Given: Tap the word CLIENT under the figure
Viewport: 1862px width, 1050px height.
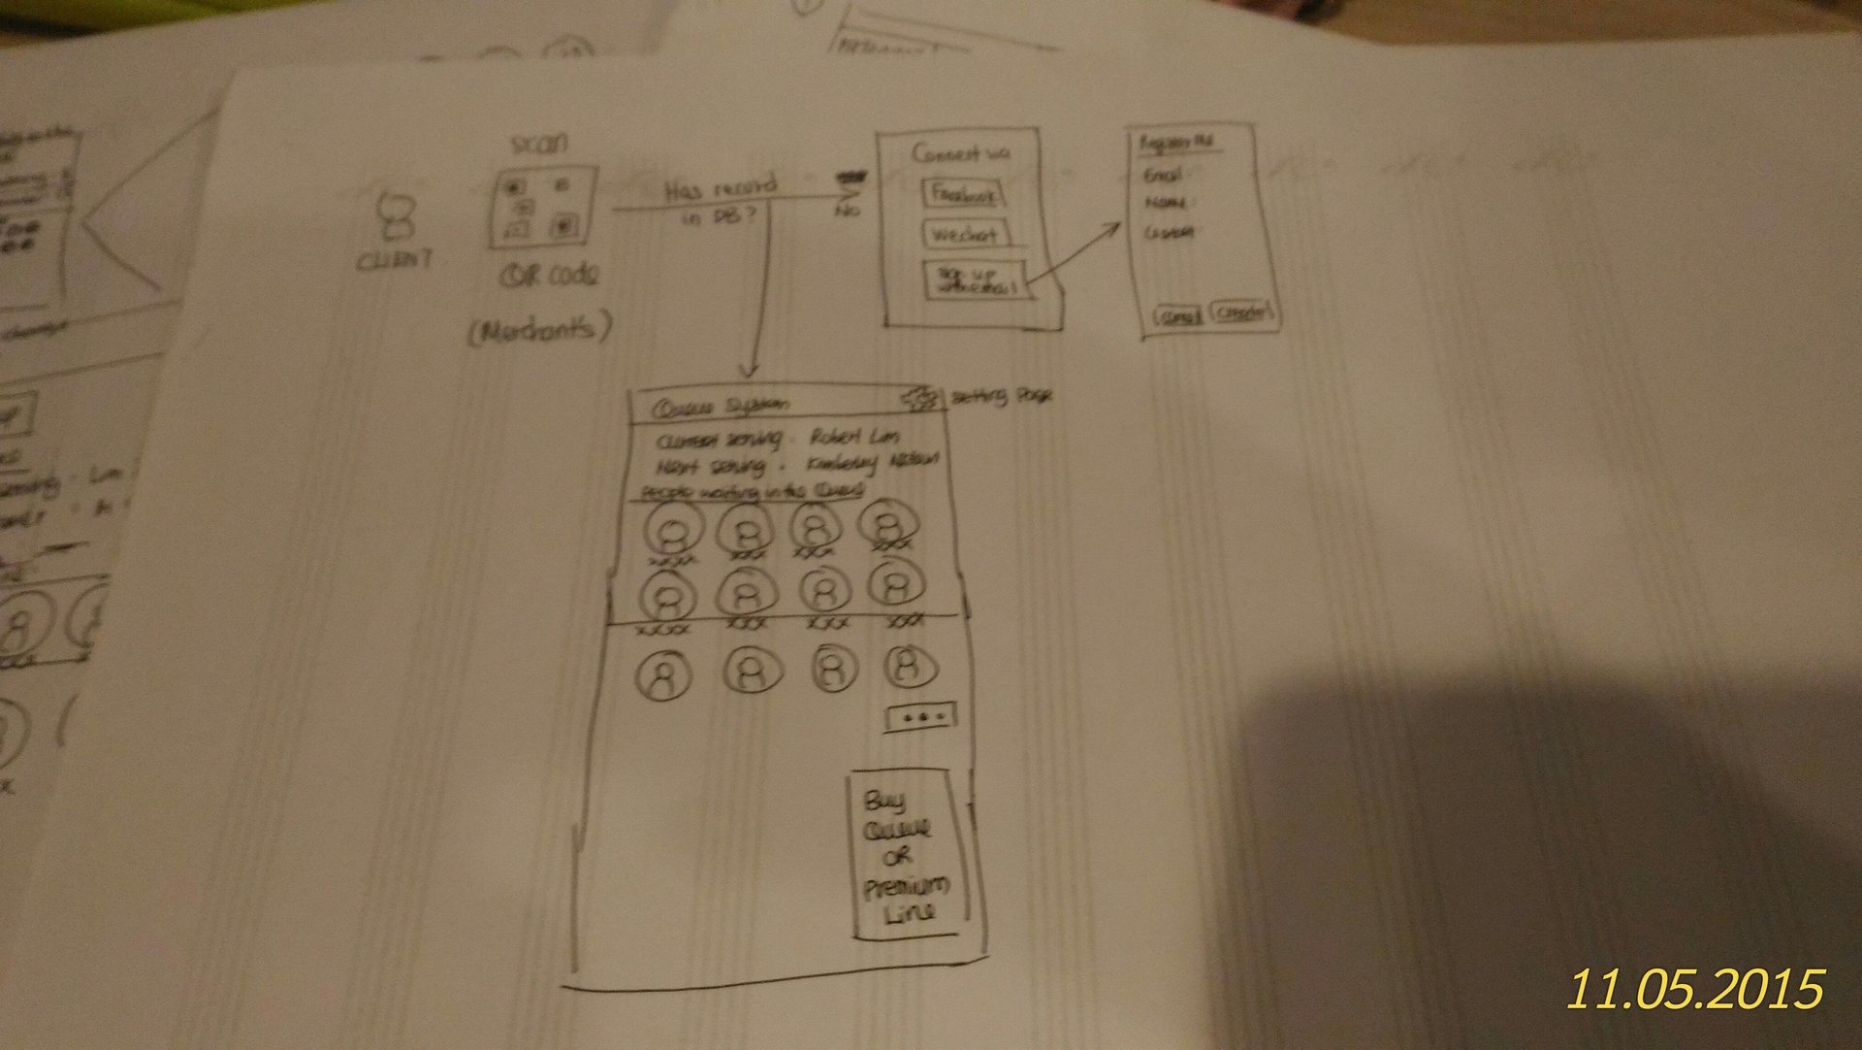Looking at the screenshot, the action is pyautogui.click(x=395, y=260).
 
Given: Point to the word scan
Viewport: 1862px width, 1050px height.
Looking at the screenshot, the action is pyautogui.click(x=538, y=144).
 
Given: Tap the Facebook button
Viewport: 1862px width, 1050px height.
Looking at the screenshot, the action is pyautogui.click(x=963, y=194).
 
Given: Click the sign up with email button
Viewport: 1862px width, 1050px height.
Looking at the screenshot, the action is pyautogui.click(x=974, y=279).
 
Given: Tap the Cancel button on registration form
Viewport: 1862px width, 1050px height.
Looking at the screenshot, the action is pyautogui.click(x=1177, y=316).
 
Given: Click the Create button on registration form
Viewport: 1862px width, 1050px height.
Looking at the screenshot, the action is pyautogui.click(x=1242, y=313).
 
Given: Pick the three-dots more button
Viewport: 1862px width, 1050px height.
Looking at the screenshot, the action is pyautogui.click(x=920, y=717).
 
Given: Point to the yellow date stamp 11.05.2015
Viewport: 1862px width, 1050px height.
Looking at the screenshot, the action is pyautogui.click(x=1695, y=988).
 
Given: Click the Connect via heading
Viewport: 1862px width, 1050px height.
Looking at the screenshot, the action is pyautogui.click(x=959, y=153).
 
